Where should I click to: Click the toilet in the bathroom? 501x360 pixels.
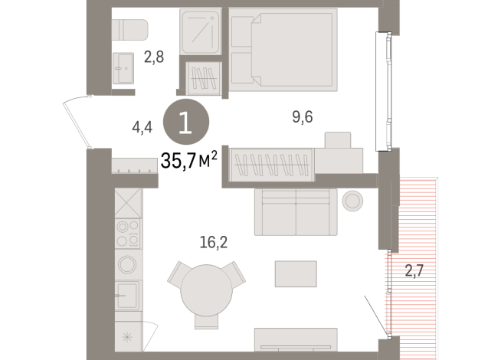pyautogui.click(x=129, y=29)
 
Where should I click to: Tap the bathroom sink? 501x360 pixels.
pyautogui.click(x=123, y=69)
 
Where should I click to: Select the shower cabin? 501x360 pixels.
pyautogui.click(x=200, y=32)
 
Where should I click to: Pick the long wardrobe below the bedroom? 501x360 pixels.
pyautogui.click(x=270, y=163)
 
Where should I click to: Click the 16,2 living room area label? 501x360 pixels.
pyautogui.click(x=213, y=243)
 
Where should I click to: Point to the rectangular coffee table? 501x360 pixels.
pyautogui.click(x=296, y=273)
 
